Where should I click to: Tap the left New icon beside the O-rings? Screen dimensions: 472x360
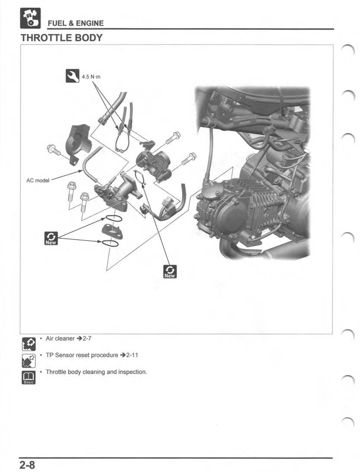[x=51, y=238]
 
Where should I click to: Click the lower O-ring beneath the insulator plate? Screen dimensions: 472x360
[x=111, y=243]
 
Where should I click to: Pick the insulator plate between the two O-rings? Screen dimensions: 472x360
[x=112, y=230]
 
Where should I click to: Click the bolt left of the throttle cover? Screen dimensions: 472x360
[x=54, y=151]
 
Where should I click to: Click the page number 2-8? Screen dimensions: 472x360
[x=27, y=465]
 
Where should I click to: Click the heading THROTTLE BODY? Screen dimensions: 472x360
[x=61, y=38]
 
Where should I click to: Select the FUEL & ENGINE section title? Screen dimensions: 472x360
[x=76, y=23]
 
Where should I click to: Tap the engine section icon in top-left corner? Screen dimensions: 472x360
[x=30, y=19]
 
